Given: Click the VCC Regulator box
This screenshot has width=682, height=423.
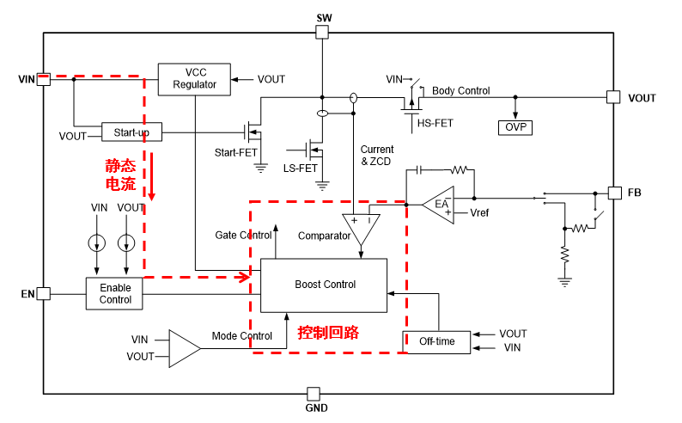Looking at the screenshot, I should point(194,78).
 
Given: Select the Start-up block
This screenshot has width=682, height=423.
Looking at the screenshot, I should point(131,132).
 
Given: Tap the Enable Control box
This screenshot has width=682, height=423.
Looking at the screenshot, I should point(115,293).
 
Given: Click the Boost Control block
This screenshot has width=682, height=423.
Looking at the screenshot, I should point(325,285).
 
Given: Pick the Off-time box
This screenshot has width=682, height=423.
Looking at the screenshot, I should point(438,341).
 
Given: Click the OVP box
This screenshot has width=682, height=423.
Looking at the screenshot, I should point(515,127).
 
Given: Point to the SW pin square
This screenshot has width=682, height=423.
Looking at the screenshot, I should point(323,33).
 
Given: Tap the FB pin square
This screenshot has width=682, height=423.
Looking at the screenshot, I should point(613,193).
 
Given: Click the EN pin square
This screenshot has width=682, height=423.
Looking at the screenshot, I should point(43,294).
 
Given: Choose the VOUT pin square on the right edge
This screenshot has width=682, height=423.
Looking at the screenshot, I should point(613,97).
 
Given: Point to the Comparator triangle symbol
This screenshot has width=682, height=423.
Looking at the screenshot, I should point(361,226).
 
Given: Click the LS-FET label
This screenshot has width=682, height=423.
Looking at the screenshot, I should point(301,168).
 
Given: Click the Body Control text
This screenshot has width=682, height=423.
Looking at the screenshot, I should point(460,90).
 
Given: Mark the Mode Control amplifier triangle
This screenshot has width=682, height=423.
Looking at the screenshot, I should point(182,347).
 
